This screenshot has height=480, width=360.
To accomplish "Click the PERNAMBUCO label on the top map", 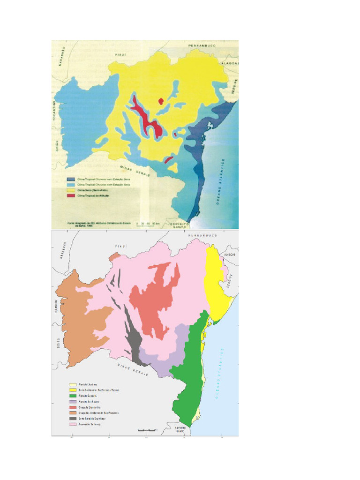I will [x=201, y=45].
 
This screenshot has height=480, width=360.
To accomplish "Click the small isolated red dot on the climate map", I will [x=161, y=100].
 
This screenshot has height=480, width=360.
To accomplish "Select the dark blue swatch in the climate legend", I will [x=70, y=179].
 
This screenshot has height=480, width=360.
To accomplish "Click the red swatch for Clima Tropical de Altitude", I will [x=70, y=195].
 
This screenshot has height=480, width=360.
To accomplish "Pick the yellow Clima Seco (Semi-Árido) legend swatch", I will [x=70, y=190].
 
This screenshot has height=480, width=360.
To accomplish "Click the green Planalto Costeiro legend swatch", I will [x=73, y=395].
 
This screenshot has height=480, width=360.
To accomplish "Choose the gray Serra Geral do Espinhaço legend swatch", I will [x=73, y=418].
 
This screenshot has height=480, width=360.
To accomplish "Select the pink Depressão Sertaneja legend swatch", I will [x=73, y=424].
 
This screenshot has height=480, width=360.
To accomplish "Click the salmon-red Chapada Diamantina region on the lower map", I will [x=155, y=300].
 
